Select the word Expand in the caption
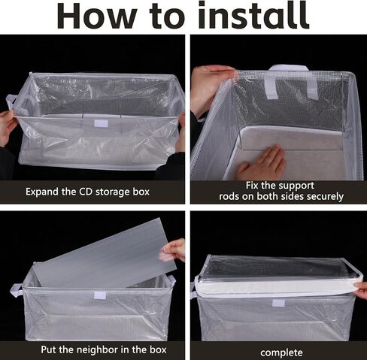[x=44, y=192]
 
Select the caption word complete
[x=281, y=351]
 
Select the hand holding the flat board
[x=174, y=250]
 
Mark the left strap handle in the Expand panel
[x=13, y=101]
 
